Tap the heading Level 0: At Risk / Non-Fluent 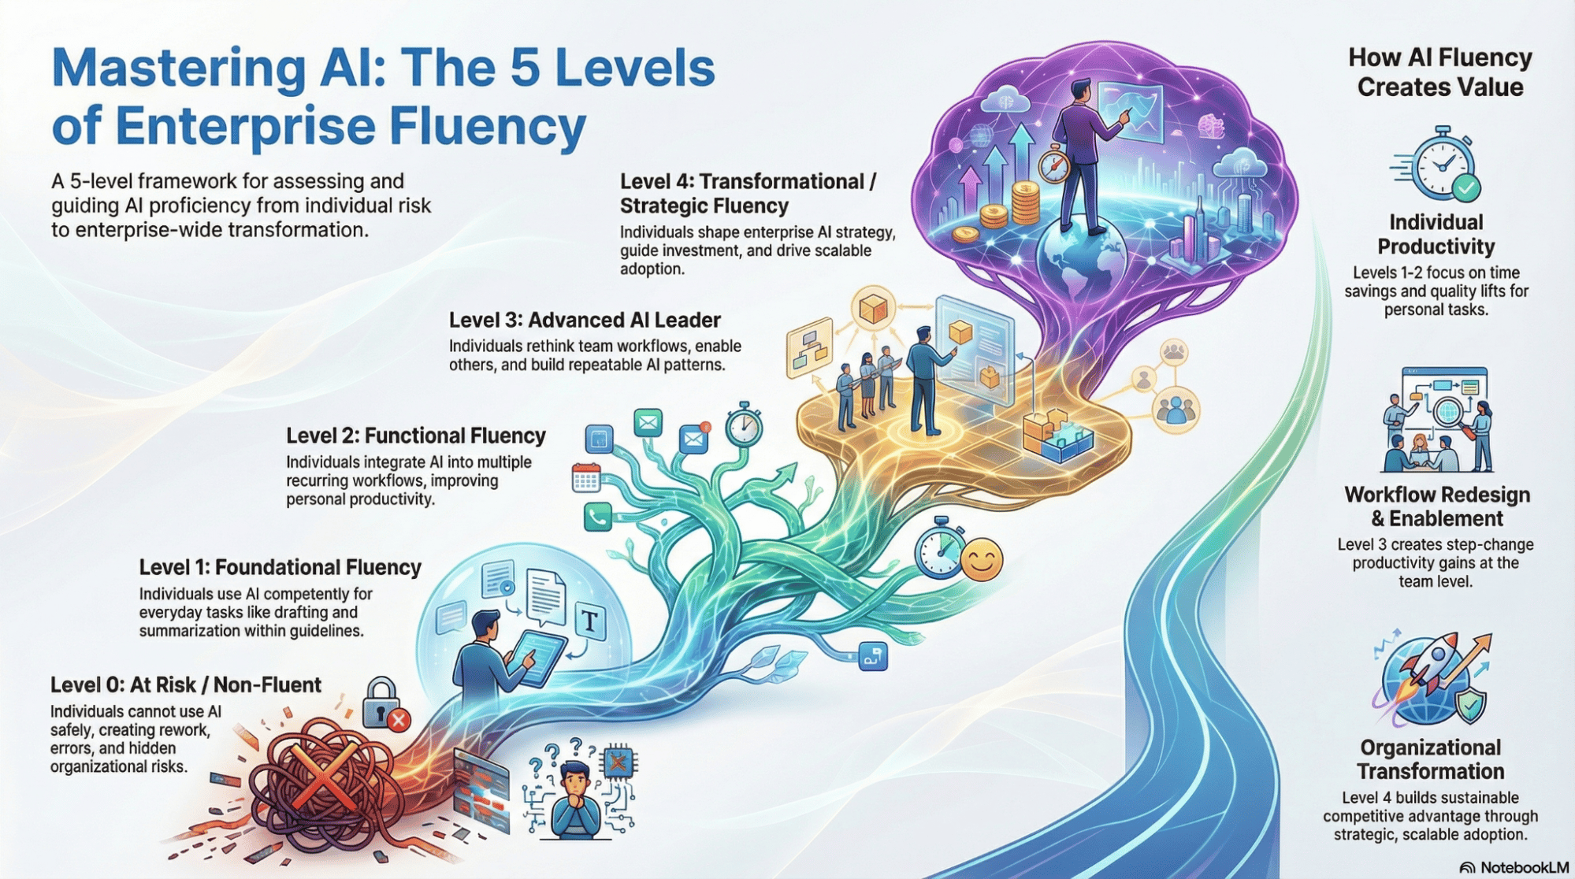point(185,685)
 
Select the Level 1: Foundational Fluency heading point(280,567)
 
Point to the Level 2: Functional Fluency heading point(415,436)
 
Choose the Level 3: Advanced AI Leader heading point(585,320)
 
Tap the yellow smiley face point(981,559)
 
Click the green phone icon point(597,517)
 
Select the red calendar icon point(585,478)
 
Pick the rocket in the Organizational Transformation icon point(1436,662)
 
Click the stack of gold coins point(1024,202)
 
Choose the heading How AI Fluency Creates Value point(1439,72)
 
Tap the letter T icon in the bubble point(590,621)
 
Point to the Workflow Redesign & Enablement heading point(1437,506)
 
